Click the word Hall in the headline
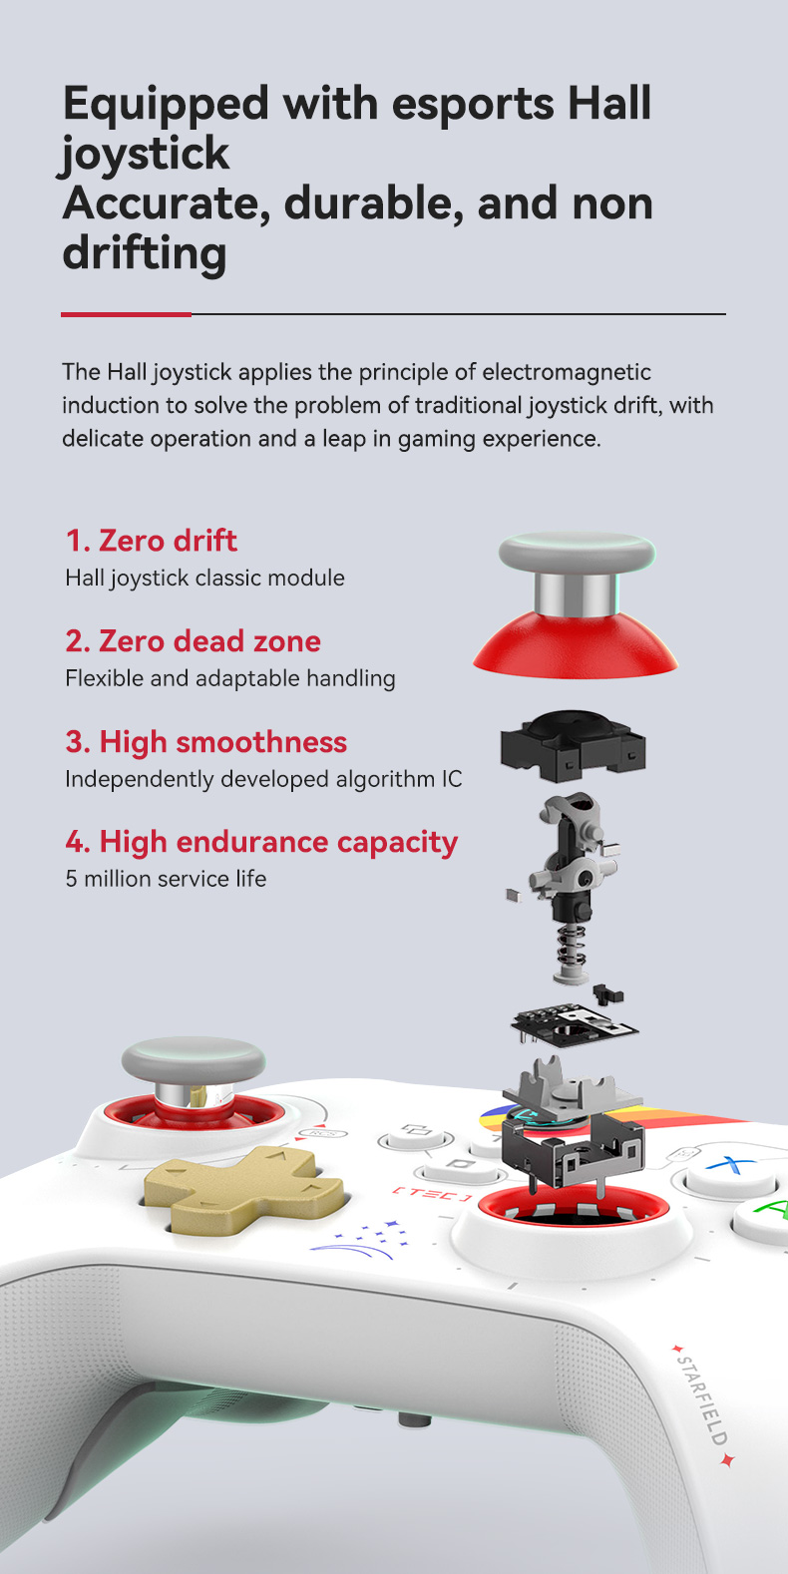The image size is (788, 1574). coord(609,104)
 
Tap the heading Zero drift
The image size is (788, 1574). coord(152,541)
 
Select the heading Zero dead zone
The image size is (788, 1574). coord(194,640)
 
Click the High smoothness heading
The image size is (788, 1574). coord(205,742)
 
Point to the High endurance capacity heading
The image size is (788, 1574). coord(261,842)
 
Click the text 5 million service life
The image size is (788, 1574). coord(166,879)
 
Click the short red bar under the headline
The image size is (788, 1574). coord(126,314)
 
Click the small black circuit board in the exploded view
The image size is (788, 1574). coord(575,1024)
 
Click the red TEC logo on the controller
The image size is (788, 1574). coord(430,1193)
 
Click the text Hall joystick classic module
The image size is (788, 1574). coord(204,578)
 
